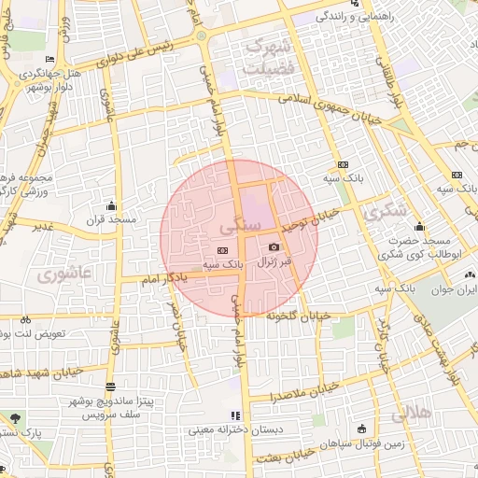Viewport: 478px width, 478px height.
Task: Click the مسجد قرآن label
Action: (x=112, y=220)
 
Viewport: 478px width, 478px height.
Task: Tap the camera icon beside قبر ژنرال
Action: (x=274, y=246)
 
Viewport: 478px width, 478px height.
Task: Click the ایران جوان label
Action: (x=452, y=289)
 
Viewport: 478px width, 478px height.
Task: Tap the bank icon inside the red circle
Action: (x=222, y=250)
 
